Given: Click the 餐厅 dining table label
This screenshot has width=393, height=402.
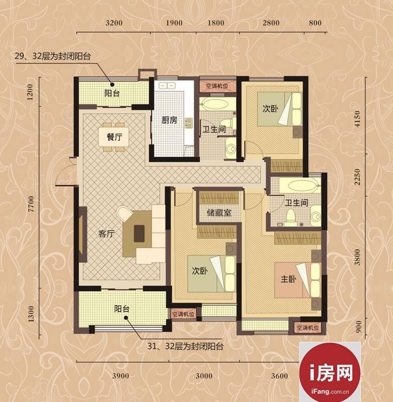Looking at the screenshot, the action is click(114, 137).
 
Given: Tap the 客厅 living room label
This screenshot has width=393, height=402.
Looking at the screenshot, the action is click(106, 234).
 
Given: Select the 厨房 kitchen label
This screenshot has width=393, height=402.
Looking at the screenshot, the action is click(169, 120).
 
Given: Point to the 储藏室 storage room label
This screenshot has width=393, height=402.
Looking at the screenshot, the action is click(219, 213).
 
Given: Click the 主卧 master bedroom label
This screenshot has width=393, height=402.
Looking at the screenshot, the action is click(288, 279).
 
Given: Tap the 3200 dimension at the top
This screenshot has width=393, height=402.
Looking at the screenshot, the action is click(114, 23).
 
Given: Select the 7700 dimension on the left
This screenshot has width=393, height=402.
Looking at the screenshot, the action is click(31, 204).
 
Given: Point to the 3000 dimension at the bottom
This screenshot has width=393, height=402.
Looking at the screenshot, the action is click(204, 376).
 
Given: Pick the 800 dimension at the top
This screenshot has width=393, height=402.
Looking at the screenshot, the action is click(315, 23).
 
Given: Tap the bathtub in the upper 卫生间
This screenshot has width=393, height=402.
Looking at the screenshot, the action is click(214, 105).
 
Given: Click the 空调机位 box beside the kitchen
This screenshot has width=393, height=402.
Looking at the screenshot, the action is click(217, 86).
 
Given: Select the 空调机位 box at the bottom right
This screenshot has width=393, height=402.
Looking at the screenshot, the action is click(307, 328).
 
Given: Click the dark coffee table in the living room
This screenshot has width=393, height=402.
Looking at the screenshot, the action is click(139, 234).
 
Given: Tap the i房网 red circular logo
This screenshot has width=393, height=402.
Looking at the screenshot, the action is click(330, 372).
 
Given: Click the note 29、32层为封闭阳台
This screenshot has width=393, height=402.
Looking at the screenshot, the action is click(53, 56).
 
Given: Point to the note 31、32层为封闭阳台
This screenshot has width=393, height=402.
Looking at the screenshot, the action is click(185, 347).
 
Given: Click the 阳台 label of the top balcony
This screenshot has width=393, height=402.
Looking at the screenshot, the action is click(112, 93).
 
